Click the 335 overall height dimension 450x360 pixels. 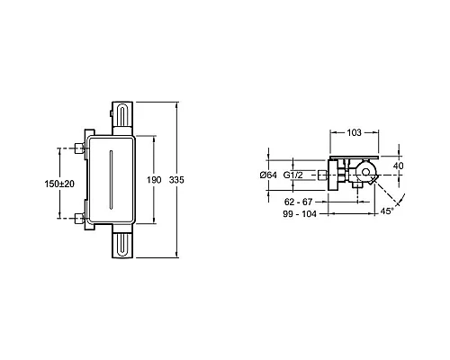(x=176, y=180)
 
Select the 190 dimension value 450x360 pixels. (x=154, y=180)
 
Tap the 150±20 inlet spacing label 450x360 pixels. (x=59, y=184)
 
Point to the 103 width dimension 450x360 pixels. (x=355, y=132)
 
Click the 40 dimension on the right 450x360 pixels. (x=398, y=166)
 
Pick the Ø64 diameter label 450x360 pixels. (x=268, y=175)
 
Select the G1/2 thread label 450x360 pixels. (x=293, y=175)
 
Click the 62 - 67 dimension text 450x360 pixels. (x=298, y=202)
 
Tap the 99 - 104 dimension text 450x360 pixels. (x=300, y=213)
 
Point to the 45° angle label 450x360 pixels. (x=386, y=211)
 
